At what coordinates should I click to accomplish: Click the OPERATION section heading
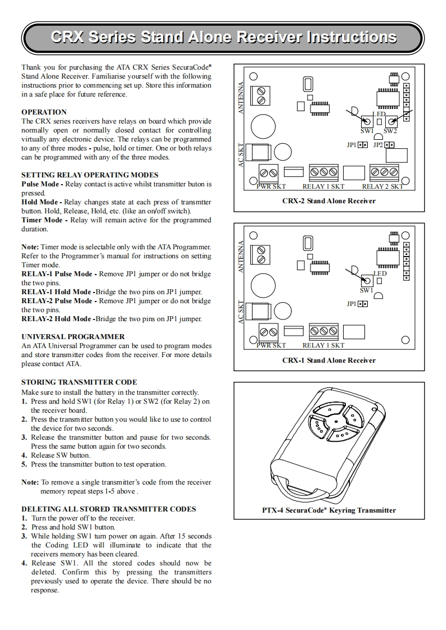point(44,112)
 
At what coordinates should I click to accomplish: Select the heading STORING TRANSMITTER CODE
point(79,382)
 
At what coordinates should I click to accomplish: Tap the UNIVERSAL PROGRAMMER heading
point(73,337)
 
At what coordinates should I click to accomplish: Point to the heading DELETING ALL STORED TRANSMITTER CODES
point(109,509)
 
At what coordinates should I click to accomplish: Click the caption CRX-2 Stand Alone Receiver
point(328,200)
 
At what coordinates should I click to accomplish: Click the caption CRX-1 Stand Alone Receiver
point(328,360)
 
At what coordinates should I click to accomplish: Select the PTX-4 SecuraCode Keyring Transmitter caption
point(328,510)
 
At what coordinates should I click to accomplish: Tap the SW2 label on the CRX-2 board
point(390,131)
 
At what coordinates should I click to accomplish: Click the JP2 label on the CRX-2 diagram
point(378,145)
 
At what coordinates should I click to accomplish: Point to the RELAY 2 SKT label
point(382,186)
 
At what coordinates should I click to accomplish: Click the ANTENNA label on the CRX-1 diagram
point(241,257)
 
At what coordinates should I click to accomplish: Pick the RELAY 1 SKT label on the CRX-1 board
point(323,345)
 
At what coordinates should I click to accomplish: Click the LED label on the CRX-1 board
point(380,273)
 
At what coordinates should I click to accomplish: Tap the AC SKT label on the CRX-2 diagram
point(241,155)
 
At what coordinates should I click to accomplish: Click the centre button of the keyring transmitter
point(335,421)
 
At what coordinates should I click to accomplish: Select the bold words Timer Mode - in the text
point(45,220)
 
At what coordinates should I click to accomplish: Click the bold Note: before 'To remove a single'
point(30,482)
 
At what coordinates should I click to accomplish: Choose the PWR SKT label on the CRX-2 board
point(271,186)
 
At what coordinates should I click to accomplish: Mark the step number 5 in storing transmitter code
point(24,464)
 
